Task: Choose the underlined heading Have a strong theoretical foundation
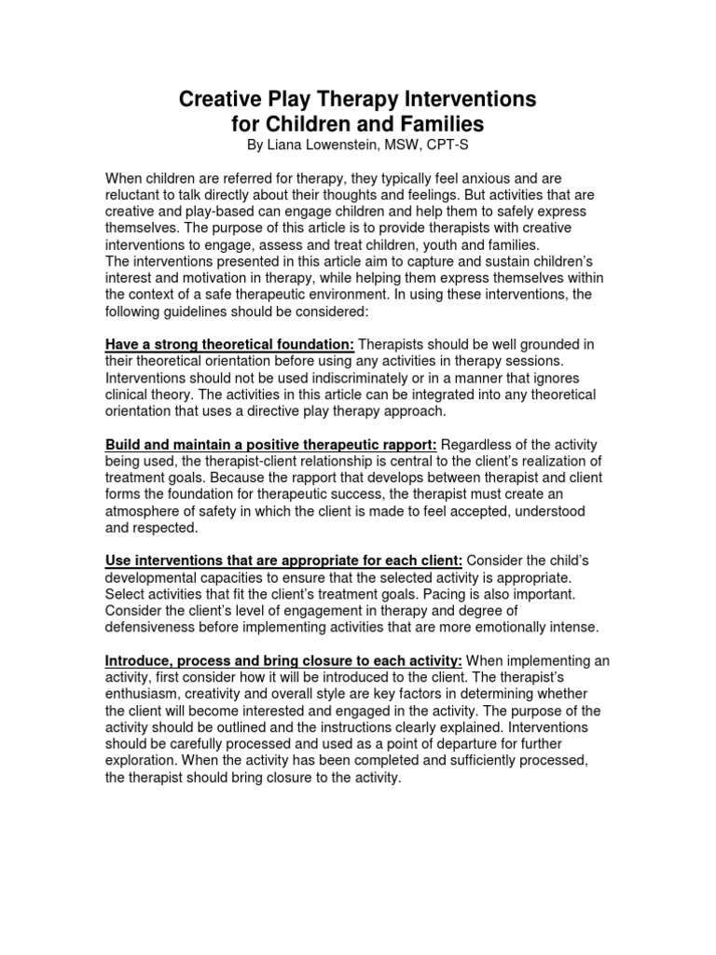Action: (229, 345)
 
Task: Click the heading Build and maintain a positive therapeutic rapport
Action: (271, 445)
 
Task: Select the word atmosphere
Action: (146, 512)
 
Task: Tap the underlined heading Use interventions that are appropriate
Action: (283, 561)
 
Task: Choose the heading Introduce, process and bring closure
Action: (283, 660)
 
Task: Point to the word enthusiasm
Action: (148, 694)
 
